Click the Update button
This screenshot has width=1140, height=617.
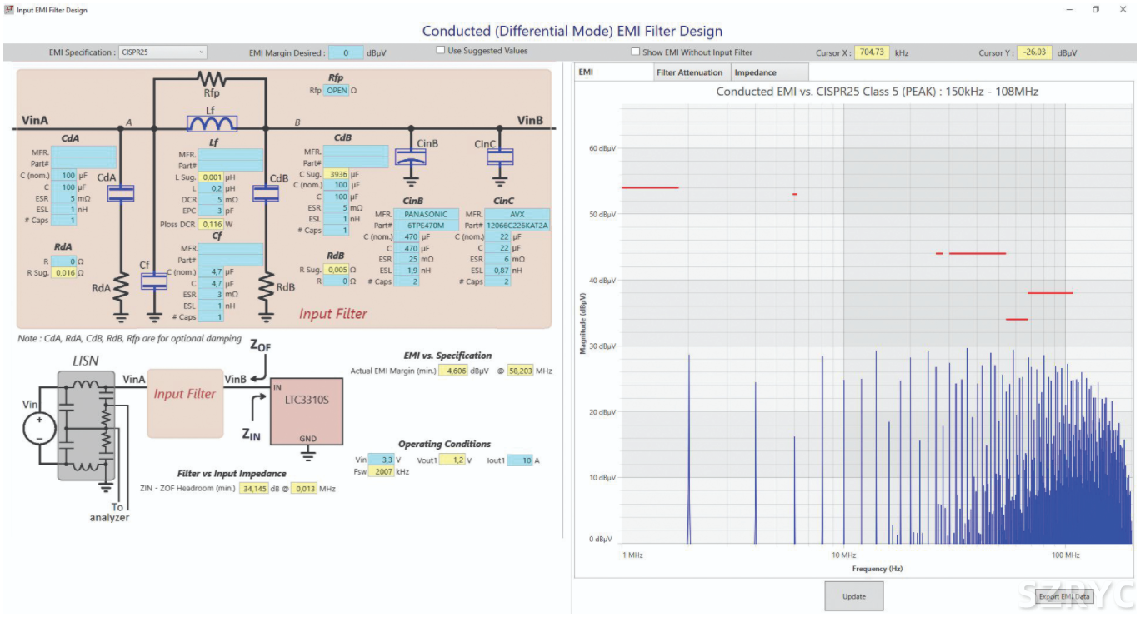click(853, 596)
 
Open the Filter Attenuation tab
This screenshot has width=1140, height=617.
click(689, 72)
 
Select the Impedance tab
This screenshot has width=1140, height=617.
click(755, 72)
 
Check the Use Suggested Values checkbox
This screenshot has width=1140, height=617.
click(441, 51)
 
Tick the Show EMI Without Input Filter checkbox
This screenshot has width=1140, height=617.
click(635, 52)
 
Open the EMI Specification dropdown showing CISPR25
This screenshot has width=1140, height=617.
click(162, 52)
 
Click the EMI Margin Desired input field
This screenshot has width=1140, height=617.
click(345, 53)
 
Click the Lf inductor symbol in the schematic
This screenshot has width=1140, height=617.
click(212, 124)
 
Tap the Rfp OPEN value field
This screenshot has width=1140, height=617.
click(337, 90)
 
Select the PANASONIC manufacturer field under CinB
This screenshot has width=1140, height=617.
click(426, 214)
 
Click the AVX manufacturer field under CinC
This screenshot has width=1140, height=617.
click(517, 214)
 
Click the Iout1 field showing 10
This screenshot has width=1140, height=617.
click(520, 460)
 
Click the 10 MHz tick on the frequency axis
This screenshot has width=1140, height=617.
click(843, 555)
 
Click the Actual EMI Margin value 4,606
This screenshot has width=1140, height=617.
click(455, 371)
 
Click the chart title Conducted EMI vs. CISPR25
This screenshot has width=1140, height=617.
click(877, 92)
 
